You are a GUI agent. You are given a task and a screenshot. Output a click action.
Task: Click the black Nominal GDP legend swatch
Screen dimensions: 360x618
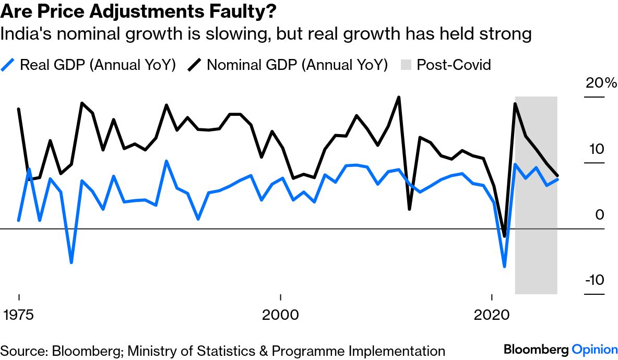(195, 65)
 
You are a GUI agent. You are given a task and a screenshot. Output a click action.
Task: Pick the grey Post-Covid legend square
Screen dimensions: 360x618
(407, 65)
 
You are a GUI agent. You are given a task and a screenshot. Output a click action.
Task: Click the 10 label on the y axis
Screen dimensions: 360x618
(596, 149)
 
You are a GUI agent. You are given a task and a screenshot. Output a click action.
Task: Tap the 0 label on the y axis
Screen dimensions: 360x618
(600, 215)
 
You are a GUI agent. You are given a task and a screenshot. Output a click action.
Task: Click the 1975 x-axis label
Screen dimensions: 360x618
(19, 315)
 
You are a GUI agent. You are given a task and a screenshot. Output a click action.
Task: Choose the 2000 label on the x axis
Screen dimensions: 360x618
(280, 315)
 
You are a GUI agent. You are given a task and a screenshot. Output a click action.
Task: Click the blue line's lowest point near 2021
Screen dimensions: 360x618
(504, 267)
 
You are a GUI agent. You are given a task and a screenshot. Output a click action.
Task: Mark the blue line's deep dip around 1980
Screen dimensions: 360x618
(72, 262)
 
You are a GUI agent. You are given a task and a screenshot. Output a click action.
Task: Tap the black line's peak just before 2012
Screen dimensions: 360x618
(399, 97)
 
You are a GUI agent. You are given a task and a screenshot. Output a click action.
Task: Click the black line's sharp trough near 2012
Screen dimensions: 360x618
(410, 209)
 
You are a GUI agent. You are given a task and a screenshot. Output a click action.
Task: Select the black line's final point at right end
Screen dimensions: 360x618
(557, 176)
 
